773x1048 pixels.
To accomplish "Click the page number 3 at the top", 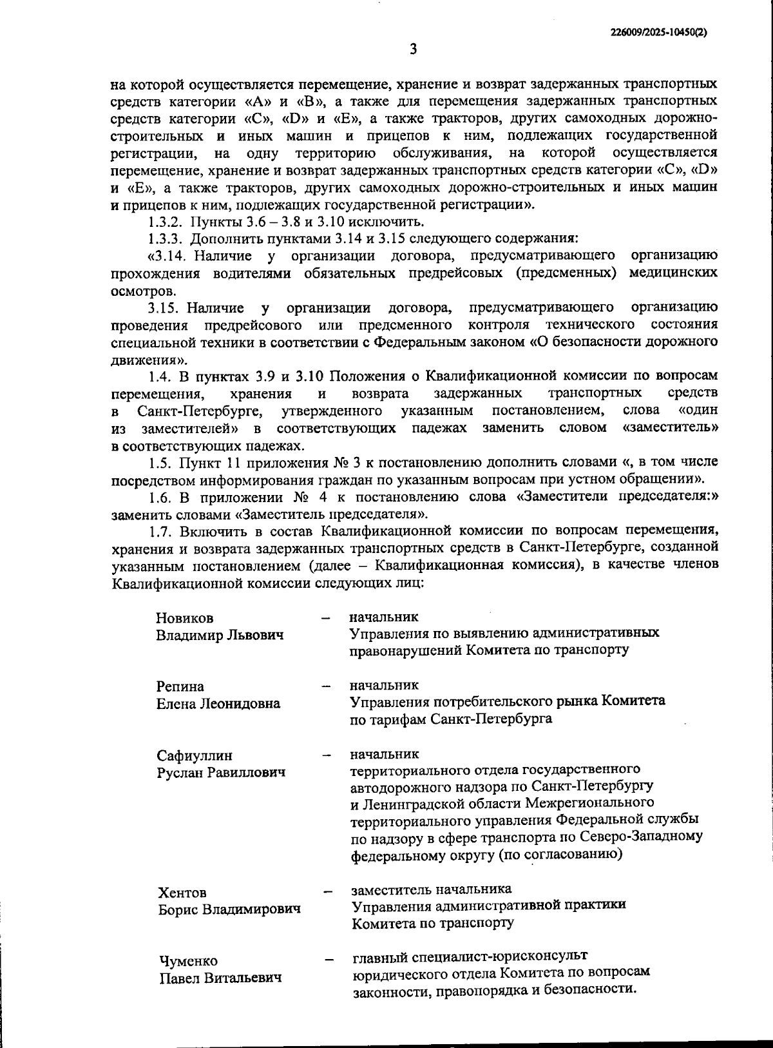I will click(413, 50).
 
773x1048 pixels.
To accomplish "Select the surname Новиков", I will click(184, 618).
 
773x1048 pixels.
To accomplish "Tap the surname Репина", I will click(180, 686).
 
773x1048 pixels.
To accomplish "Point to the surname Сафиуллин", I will click(195, 755).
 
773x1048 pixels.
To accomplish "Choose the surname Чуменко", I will click(189, 961).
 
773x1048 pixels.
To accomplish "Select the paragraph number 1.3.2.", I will click(166, 222).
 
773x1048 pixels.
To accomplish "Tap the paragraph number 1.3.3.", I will click(166, 239).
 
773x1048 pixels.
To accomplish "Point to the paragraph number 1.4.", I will click(160, 376).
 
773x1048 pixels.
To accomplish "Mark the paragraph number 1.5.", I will click(160, 462).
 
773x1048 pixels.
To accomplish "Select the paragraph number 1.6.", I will click(160, 497).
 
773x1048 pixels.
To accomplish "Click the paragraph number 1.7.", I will click(160, 530).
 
